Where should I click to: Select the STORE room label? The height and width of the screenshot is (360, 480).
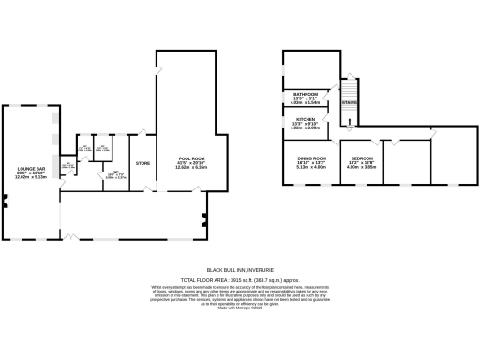(142, 164)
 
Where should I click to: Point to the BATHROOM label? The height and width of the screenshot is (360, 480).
(307, 94)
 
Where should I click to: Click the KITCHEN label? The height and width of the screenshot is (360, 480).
(306, 119)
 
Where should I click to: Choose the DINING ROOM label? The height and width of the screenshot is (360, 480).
(311, 158)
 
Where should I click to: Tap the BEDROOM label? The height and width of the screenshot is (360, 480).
(362, 158)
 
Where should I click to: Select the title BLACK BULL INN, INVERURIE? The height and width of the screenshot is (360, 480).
(239, 272)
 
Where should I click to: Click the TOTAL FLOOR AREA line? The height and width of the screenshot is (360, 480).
(239, 280)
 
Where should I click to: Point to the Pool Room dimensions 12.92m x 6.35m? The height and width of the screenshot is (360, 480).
(191, 169)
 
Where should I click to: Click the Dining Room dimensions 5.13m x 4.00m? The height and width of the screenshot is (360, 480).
(311, 168)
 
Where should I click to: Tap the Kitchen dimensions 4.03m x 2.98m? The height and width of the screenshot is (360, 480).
(307, 128)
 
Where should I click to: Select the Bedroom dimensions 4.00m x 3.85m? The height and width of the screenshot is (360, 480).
(362, 168)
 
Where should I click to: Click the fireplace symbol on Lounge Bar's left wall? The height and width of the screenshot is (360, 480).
(5, 200)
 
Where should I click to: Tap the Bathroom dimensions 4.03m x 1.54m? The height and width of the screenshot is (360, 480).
(307, 103)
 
